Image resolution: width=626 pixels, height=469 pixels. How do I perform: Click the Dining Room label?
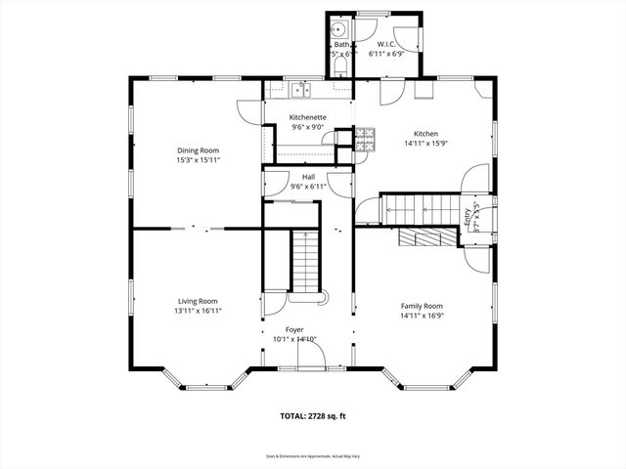point(198,149)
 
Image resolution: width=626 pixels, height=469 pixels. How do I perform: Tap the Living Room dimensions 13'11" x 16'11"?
point(198,311)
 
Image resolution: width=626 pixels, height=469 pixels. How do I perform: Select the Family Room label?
point(422,306)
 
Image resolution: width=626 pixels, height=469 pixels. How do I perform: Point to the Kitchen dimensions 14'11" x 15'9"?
point(425,144)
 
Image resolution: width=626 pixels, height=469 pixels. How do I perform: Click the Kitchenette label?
point(307,117)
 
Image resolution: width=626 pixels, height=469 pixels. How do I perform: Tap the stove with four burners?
point(365,139)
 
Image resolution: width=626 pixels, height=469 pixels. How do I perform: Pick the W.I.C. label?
point(386,45)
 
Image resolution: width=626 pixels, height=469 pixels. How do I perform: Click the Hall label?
point(307,176)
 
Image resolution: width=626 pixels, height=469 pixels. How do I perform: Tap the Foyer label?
point(294,329)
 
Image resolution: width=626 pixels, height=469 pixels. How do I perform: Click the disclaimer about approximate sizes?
point(313,455)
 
